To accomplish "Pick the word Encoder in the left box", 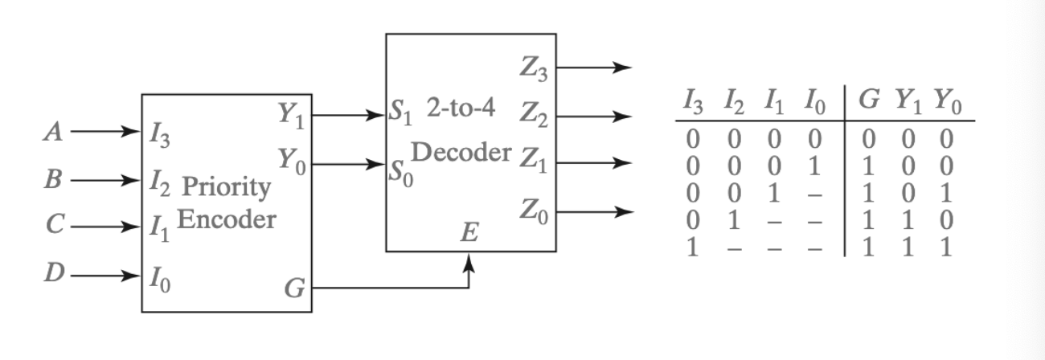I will point(226,219).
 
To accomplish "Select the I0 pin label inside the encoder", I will point(157,283).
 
